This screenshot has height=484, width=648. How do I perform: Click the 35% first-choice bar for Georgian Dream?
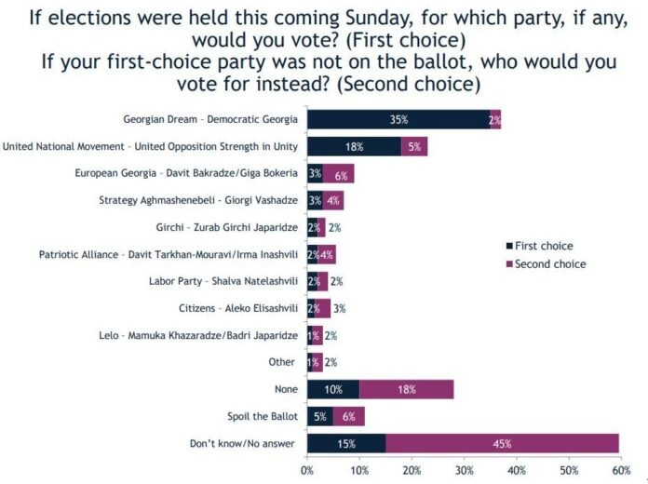(398, 119)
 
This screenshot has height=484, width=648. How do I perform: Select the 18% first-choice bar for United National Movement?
(354, 146)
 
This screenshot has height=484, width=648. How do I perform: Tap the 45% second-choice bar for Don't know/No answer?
(502, 443)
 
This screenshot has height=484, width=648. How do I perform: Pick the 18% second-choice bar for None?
(407, 389)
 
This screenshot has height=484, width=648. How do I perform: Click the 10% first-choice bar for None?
(333, 389)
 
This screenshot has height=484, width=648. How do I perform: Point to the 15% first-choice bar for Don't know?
(346, 443)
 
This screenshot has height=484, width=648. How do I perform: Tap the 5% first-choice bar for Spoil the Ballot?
(320, 416)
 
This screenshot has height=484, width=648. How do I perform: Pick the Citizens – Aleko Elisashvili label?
(236, 308)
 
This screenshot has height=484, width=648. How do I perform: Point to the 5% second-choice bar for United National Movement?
(414, 146)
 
